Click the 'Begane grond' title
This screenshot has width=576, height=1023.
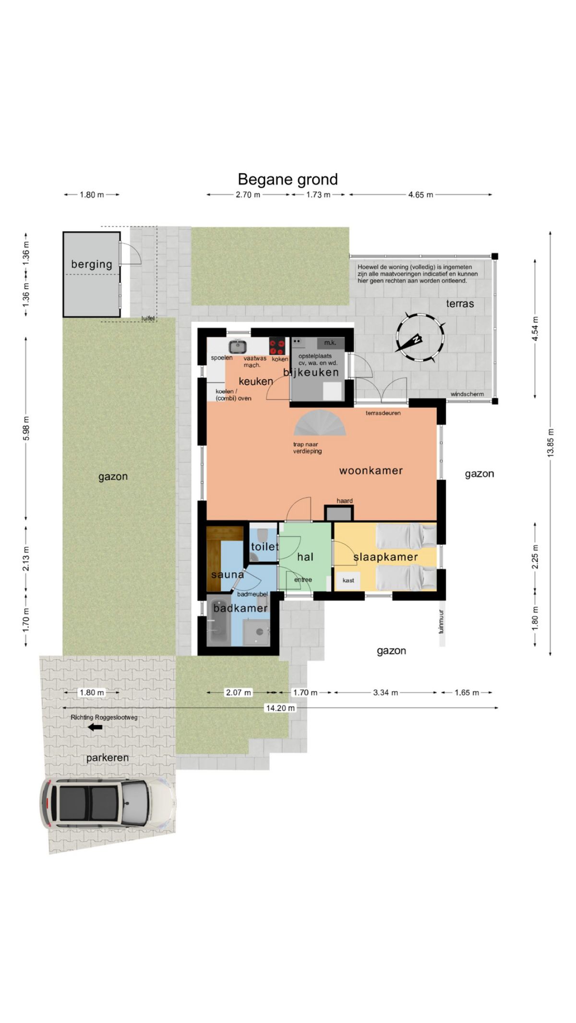288,179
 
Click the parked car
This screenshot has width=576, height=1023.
108,803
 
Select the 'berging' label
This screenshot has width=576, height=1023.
92,264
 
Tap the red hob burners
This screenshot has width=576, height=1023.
277,346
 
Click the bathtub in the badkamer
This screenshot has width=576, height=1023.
219,622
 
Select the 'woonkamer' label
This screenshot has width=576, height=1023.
371,470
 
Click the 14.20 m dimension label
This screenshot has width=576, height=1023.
281,708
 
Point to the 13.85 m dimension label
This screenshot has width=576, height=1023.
551,442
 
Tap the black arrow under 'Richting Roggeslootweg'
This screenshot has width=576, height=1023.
96,727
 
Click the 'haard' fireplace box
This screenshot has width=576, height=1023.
339,513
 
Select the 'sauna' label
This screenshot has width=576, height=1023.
228,574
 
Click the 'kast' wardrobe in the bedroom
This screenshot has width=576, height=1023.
348,580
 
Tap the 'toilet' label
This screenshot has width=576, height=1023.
265,546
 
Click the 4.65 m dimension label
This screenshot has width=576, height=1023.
421,195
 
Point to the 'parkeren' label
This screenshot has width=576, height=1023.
108,758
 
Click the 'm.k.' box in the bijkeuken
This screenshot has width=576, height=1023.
330,343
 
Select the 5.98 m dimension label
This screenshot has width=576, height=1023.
26,428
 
